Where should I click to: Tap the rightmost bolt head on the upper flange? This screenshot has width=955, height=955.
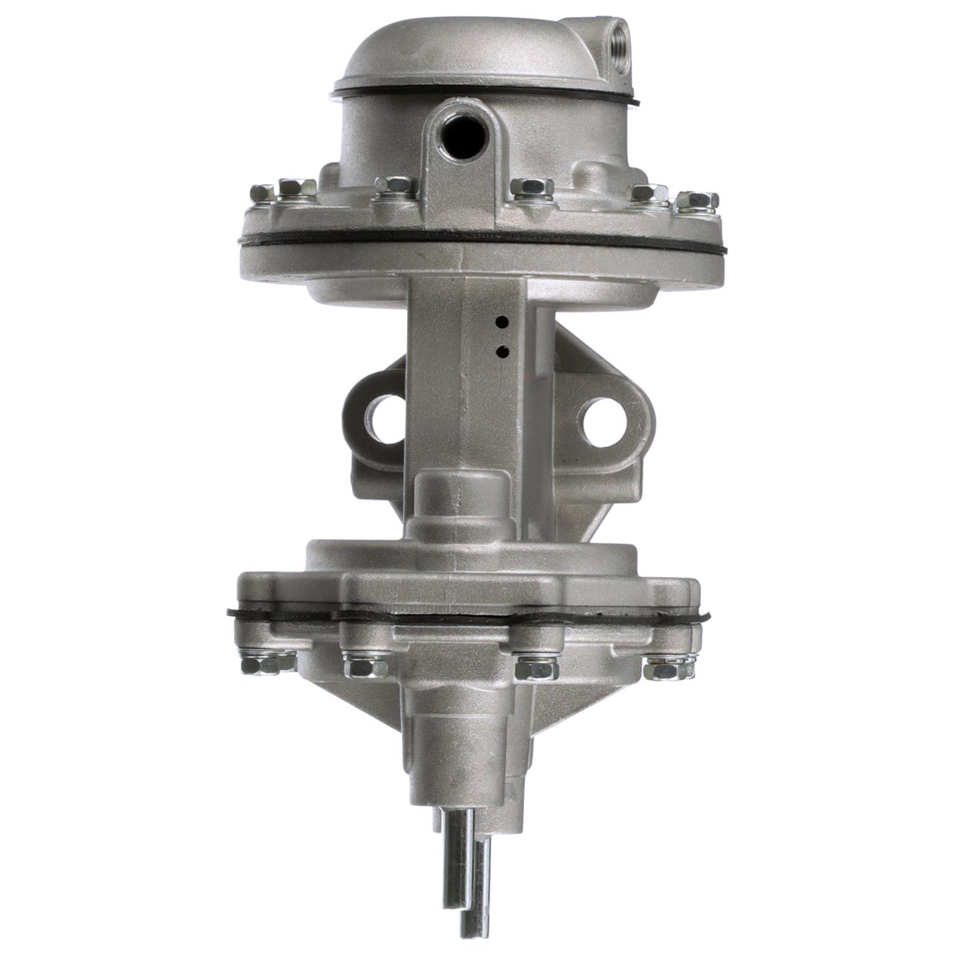698,199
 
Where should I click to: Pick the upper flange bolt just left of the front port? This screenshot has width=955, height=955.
393,186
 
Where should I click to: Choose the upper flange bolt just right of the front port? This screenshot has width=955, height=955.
532,187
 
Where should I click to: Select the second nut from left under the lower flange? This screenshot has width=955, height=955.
365,667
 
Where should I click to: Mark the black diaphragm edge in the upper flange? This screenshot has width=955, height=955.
484,242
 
